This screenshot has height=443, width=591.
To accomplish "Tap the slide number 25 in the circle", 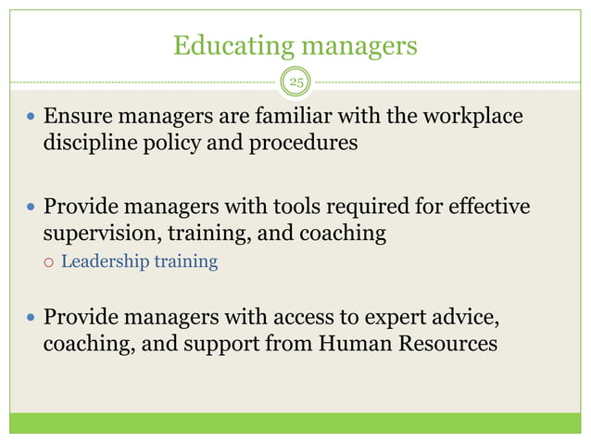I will (x=295, y=83).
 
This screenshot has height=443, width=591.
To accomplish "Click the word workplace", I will (x=469, y=118).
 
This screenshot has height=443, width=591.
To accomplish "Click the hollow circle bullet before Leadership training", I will (x=50, y=262).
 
